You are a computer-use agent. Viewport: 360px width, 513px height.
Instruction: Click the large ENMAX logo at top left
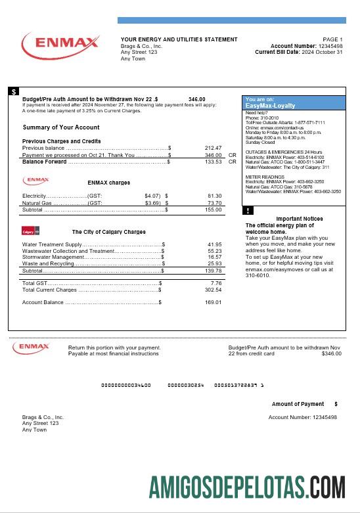[x=60, y=44]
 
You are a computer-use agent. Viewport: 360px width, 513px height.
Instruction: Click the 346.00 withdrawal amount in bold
[x=196, y=99]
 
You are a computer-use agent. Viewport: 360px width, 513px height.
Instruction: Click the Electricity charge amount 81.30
[x=214, y=196]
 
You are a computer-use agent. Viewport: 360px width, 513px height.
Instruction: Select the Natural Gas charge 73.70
[x=214, y=203]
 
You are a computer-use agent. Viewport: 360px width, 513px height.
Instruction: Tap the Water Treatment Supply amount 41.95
[x=214, y=244]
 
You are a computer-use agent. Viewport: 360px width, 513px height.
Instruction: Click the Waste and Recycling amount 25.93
[x=214, y=263]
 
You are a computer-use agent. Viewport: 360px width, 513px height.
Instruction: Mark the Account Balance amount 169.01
[x=213, y=302]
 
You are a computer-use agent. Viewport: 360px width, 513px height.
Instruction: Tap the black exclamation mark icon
[x=248, y=211]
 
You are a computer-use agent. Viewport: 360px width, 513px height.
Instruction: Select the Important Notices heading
[x=299, y=219]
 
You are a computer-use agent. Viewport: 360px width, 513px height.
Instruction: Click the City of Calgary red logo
[x=31, y=231]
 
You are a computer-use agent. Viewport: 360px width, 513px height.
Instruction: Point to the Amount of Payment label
[x=298, y=404]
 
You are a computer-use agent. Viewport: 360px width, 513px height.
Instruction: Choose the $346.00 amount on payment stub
[x=331, y=353]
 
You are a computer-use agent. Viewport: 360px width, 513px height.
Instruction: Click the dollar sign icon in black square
[x=14, y=92]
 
